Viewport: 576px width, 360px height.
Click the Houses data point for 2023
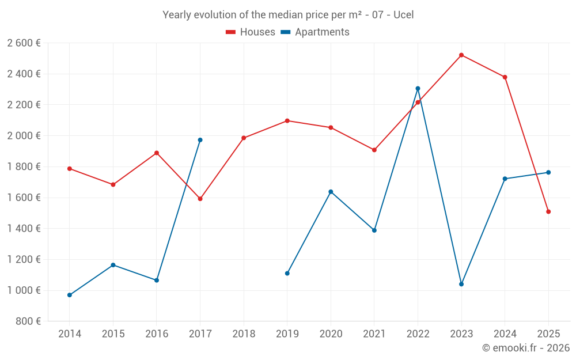coord(461,55)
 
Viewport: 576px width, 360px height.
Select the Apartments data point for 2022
coord(418,89)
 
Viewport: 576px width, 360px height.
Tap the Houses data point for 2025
coord(548,211)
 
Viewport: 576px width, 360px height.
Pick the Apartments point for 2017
coord(200,140)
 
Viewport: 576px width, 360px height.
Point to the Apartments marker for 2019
coord(287,273)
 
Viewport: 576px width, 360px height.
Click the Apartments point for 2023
coord(461,284)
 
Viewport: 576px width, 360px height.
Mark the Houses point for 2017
coord(200,199)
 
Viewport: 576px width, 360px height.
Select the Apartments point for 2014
coord(70,295)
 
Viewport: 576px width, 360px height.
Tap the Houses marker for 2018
coord(244,138)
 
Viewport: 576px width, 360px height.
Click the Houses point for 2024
coord(505,77)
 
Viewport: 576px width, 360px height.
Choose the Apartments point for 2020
coord(331,192)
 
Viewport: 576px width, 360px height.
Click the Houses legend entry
coord(251,32)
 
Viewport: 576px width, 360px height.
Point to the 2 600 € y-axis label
coord(24,43)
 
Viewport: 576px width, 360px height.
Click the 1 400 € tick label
coord(24,229)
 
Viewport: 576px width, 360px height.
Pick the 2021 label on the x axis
coord(374,334)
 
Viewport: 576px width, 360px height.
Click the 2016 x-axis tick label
coord(157,334)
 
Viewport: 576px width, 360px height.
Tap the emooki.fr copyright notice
coord(525,348)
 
